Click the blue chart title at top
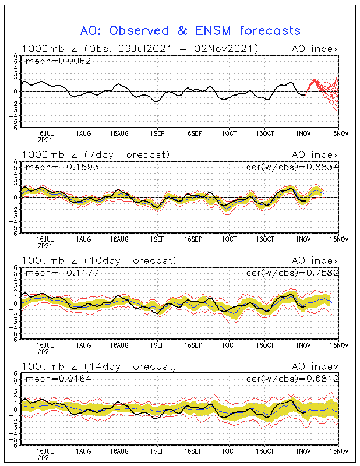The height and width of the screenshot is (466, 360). [190, 30]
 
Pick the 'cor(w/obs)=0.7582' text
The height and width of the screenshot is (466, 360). [297, 273]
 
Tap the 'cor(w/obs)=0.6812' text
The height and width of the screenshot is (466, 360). [297, 379]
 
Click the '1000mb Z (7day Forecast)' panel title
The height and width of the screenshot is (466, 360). [96, 154]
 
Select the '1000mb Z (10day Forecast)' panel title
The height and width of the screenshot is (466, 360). [98, 260]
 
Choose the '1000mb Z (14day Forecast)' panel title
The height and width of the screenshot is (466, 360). [98, 366]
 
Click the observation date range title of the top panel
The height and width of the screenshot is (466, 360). [139, 48]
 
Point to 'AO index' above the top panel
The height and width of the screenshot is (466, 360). [315, 48]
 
